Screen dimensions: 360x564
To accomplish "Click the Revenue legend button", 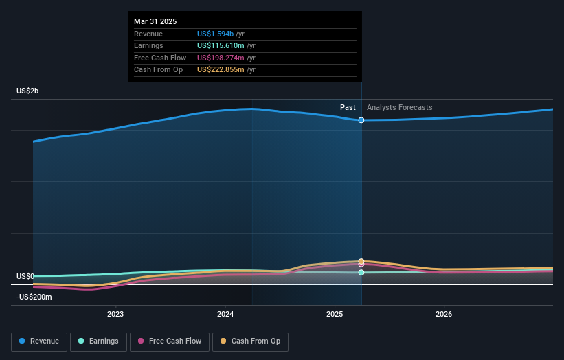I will click(x=39, y=341).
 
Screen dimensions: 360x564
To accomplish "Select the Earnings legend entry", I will click(x=98, y=341).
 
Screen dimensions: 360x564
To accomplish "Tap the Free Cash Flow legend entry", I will click(x=170, y=341).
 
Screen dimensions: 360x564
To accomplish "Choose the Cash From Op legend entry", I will click(x=251, y=341).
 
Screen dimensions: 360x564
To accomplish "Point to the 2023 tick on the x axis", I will click(x=115, y=315).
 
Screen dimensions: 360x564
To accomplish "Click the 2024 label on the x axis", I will click(x=225, y=315).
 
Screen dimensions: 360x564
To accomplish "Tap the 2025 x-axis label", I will click(x=335, y=315).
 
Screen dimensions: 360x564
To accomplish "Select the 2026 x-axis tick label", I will click(x=444, y=315).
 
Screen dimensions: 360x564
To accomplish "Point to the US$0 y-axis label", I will click(x=25, y=276).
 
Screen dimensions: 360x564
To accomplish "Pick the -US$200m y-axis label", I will click(x=34, y=297).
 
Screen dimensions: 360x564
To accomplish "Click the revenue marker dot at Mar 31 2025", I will click(x=361, y=120).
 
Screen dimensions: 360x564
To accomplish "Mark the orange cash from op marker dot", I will click(x=361, y=261).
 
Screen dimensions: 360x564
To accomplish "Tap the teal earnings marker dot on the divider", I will click(x=361, y=273).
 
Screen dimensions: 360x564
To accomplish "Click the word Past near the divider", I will click(x=348, y=108).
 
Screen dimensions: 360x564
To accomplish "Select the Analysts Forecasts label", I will click(x=400, y=108).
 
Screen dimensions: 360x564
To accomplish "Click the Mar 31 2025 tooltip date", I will click(x=155, y=21).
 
